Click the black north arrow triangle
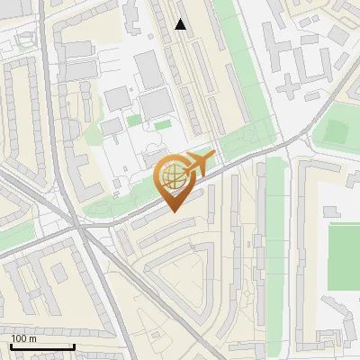(x=181, y=24)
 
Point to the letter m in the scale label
(x=32, y=338)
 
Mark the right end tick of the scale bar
(x=74, y=346)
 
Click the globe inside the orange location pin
(x=172, y=177)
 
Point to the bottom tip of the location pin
(x=174, y=211)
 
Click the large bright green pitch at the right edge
(x=344, y=256)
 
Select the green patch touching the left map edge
(x=11, y=238)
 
